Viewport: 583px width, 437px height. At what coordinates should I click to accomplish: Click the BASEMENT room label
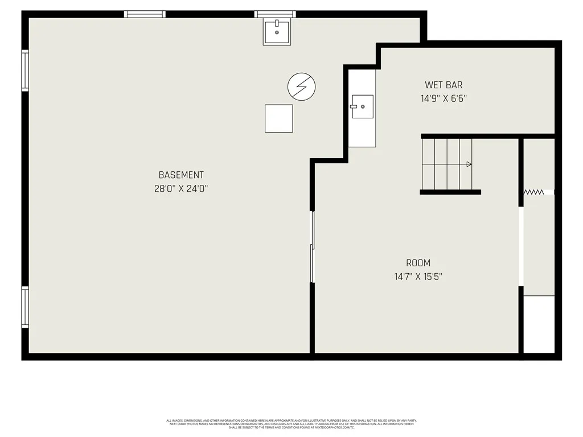tap(181, 175)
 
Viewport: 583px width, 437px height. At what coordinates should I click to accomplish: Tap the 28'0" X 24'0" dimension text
tap(181, 188)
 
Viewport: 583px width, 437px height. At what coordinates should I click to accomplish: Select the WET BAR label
tap(444, 85)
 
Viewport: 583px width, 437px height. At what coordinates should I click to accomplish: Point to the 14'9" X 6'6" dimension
tap(444, 98)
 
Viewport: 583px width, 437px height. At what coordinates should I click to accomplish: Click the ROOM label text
tap(418, 263)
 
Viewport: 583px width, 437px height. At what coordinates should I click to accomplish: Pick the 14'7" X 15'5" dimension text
tap(418, 277)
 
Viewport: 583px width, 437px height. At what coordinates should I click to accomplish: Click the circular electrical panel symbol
tap(302, 86)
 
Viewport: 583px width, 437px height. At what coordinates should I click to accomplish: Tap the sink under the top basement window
tap(277, 31)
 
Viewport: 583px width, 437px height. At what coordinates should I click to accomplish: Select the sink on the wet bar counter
tap(362, 106)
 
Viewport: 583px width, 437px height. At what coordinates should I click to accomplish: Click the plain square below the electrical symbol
tap(279, 118)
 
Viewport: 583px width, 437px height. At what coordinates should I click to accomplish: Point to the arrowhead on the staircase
tap(469, 164)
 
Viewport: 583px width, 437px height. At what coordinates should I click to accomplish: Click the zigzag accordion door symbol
tap(533, 193)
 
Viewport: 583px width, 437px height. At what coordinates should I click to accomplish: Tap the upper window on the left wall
tap(25, 71)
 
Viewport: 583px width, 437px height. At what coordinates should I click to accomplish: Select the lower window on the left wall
tap(25, 307)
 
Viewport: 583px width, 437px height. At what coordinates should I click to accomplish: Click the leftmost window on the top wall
tap(145, 14)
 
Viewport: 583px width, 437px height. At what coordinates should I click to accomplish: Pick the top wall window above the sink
tap(275, 14)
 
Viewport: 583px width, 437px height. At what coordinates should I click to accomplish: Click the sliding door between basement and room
tap(312, 246)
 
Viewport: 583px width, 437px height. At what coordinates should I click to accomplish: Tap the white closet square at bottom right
tap(539, 324)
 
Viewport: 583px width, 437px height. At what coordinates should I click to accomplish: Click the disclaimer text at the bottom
tap(291, 424)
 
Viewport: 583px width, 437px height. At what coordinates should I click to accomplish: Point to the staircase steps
tap(447, 164)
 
